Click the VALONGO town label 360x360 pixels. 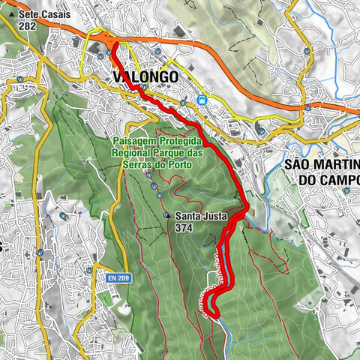pos(145,76)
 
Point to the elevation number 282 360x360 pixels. pos(28,25)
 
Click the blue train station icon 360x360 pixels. pos(201,98)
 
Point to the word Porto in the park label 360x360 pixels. pos(190,164)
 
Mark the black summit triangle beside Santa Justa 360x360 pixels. pos(167,217)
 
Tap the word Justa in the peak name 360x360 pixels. pos(210,217)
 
